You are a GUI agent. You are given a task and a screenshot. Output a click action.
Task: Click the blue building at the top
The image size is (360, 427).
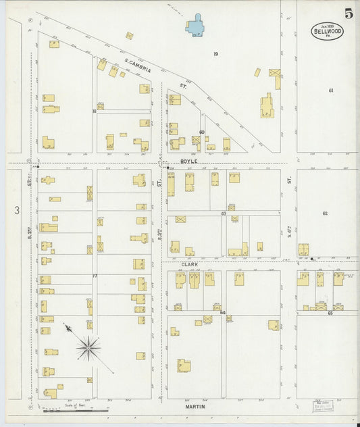tap(197, 25)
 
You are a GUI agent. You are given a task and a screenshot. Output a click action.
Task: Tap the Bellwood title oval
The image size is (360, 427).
tap(327, 30)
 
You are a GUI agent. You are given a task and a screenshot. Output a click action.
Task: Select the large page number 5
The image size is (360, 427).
tap(348, 13)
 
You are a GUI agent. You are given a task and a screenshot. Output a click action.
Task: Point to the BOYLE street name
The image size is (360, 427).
tap(189, 161)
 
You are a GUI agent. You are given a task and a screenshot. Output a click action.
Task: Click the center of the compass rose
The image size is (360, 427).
tap(88, 349)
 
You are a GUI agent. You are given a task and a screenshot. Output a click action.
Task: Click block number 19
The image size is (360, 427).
tap(215, 53)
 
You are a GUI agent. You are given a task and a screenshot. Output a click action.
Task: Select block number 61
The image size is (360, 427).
tap(331, 91)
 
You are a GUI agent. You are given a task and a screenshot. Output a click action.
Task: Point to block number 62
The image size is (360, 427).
tap(325, 214)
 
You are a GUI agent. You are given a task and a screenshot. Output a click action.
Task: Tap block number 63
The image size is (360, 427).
tap(223, 214)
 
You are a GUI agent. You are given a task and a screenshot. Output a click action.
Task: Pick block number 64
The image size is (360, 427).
tap(222, 313)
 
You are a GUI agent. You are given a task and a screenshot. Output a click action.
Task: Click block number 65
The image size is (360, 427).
tap(330, 313)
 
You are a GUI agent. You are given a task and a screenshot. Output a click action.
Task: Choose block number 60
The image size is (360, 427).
tap(201, 132)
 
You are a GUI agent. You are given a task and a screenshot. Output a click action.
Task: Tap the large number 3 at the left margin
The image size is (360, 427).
tap(16, 211)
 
